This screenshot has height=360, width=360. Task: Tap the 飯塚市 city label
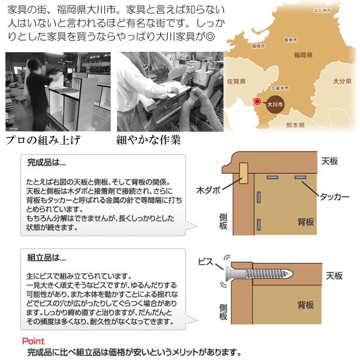[290, 40]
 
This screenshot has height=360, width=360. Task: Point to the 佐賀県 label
[236, 81]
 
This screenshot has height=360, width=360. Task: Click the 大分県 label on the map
[342, 81]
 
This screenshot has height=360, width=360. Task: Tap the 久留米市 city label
[279, 89]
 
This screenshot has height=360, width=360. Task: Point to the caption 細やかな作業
[148, 140]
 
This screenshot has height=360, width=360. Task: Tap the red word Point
[33, 341]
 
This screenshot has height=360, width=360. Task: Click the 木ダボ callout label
[208, 189]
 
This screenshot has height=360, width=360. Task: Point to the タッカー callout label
[335, 197]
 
